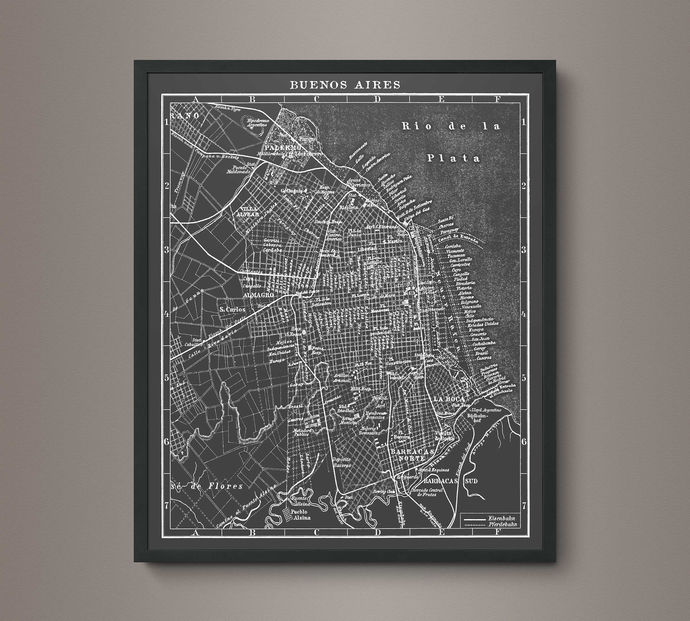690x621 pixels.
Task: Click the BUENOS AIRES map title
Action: pos(345,85)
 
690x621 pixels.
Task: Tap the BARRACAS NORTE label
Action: pos(413,455)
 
